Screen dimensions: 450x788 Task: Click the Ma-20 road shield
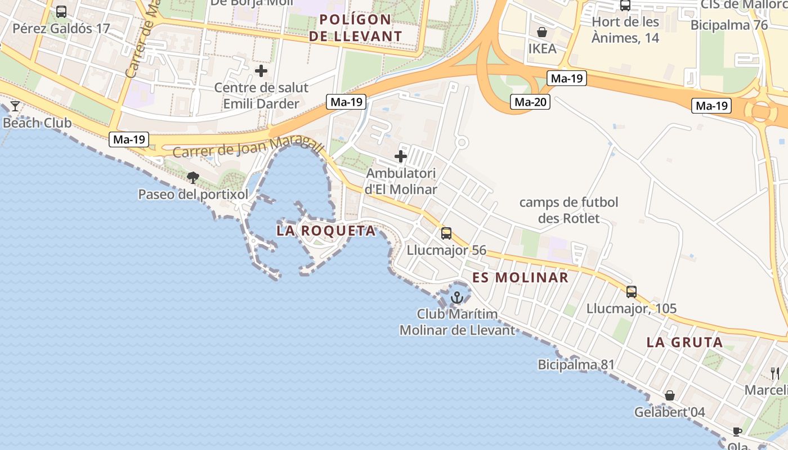(530, 102)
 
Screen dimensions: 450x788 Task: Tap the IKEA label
(542, 48)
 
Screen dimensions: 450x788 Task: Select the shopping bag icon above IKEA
(542, 32)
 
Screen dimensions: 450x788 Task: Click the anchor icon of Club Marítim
(457, 297)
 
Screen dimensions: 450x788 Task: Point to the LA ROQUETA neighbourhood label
(326, 231)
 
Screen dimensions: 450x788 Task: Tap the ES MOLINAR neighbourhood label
(520, 277)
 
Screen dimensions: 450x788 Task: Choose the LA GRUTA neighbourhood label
(684, 342)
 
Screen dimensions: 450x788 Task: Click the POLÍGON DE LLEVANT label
(356, 28)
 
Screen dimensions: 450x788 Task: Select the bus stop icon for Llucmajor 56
(446, 233)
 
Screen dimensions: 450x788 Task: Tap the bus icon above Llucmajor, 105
(632, 291)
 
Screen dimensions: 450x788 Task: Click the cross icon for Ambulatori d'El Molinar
(401, 156)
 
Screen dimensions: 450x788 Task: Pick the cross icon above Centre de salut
(261, 71)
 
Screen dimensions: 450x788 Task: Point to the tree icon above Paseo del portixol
(193, 178)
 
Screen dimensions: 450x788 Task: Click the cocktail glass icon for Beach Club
(15, 106)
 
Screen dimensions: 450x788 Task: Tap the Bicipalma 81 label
(576, 364)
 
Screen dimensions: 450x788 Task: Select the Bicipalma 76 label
(729, 25)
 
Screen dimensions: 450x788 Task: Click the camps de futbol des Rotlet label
(568, 210)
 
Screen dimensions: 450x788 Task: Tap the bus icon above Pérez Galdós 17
(61, 11)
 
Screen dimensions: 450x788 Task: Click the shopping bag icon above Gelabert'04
(670, 395)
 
